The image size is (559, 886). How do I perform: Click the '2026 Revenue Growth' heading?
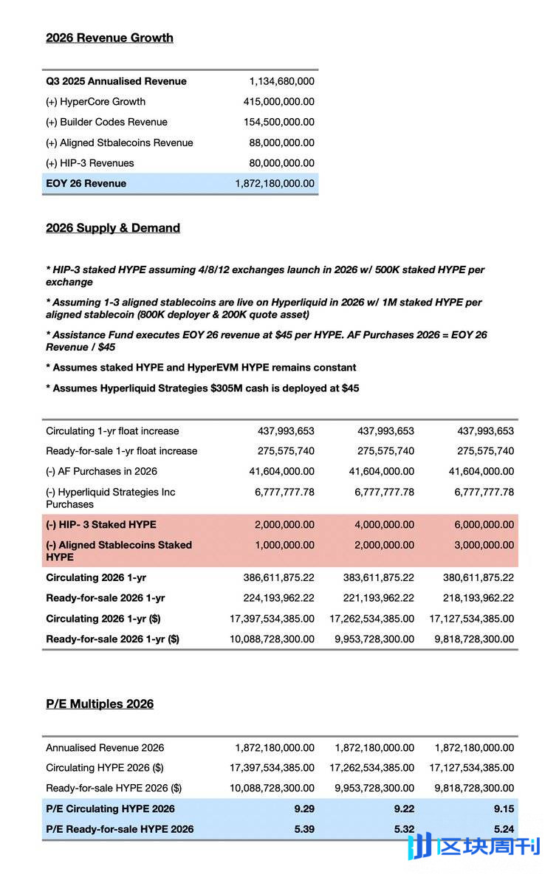pyautogui.click(x=109, y=38)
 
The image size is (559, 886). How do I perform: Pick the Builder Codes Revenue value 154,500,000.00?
pyautogui.click(x=278, y=122)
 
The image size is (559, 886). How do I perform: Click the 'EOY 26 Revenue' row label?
pyautogui.click(x=86, y=183)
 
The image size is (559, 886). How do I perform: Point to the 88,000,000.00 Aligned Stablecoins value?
pyautogui.click(x=281, y=142)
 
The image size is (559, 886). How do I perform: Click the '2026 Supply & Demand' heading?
pyautogui.click(x=113, y=228)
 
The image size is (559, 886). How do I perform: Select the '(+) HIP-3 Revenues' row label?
pyautogui.click(x=90, y=162)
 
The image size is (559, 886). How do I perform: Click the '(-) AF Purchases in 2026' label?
pyautogui.click(x=101, y=471)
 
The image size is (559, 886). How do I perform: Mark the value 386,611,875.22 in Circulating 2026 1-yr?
pyautogui.click(x=278, y=577)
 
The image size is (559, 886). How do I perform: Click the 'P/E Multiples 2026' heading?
pyautogui.click(x=100, y=704)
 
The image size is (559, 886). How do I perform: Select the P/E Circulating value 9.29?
pyautogui.click(x=303, y=808)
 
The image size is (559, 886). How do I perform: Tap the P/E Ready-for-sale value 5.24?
pyautogui.click(x=504, y=829)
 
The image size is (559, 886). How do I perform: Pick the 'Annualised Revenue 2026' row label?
pyautogui.click(x=105, y=748)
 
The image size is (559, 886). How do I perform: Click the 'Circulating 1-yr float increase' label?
pyautogui.click(x=112, y=430)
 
